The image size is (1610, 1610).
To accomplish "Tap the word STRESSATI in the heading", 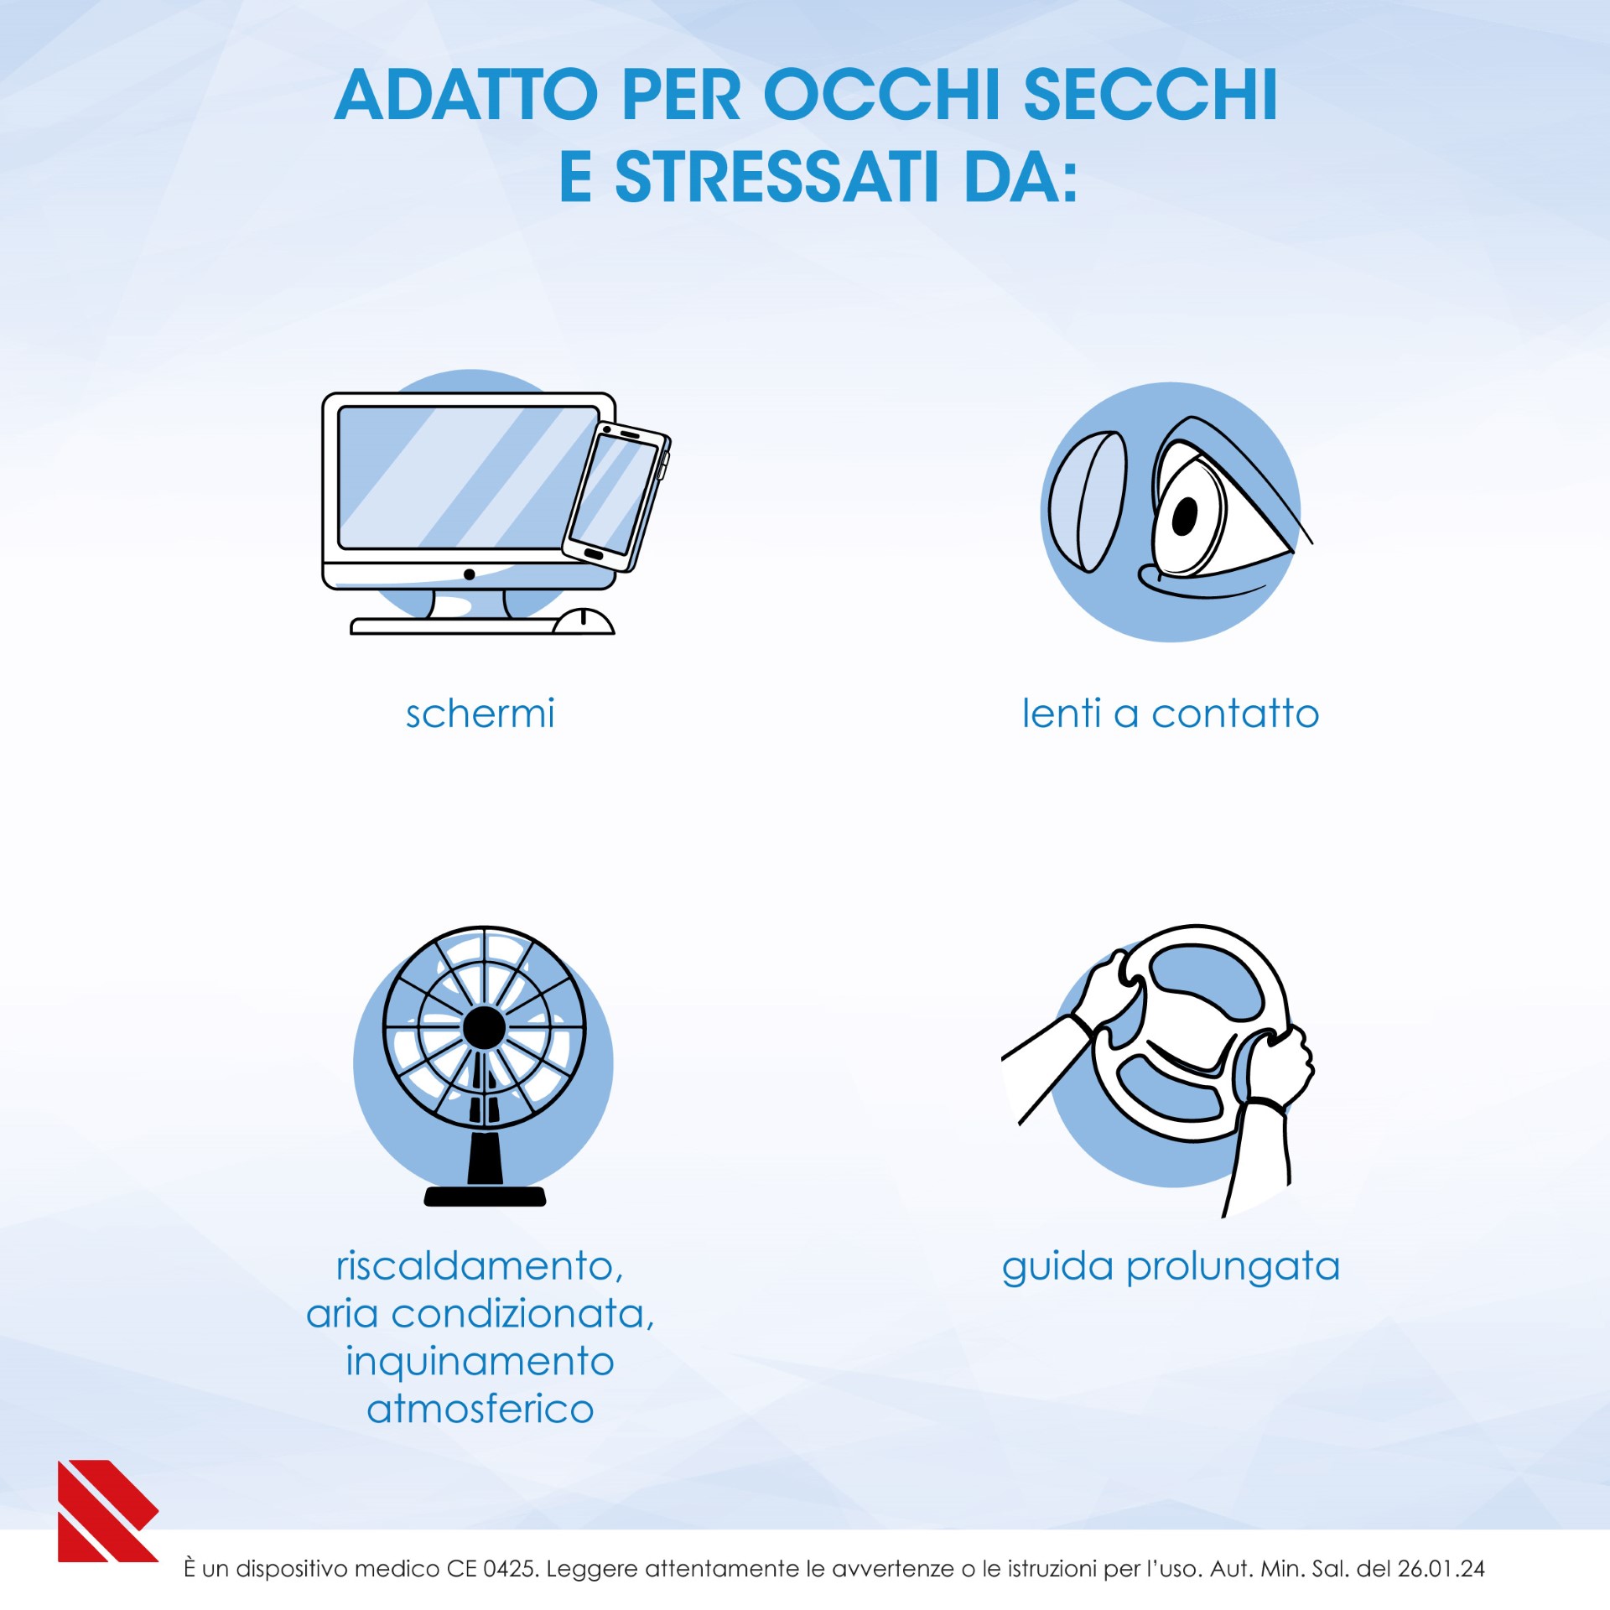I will (776, 178).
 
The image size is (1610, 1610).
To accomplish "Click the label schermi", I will (480, 714).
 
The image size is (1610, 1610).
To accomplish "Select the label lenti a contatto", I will (1170, 714).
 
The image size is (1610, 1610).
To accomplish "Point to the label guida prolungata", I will (1171, 1266).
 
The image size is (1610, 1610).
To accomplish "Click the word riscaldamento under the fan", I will (480, 1265).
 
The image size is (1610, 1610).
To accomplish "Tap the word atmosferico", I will (480, 1409).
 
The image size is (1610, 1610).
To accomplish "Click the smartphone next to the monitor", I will (615, 497).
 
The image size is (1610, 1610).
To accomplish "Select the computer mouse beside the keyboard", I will (584, 621).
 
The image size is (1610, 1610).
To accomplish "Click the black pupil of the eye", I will (1184, 516).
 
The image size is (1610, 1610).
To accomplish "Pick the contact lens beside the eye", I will (1087, 501).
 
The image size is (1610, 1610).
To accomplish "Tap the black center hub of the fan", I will (484, 1027).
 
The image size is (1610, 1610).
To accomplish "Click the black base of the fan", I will (485, 1196).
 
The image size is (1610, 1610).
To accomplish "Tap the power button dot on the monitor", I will (470, 574).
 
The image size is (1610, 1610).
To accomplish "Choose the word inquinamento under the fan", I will (480, 1362).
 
